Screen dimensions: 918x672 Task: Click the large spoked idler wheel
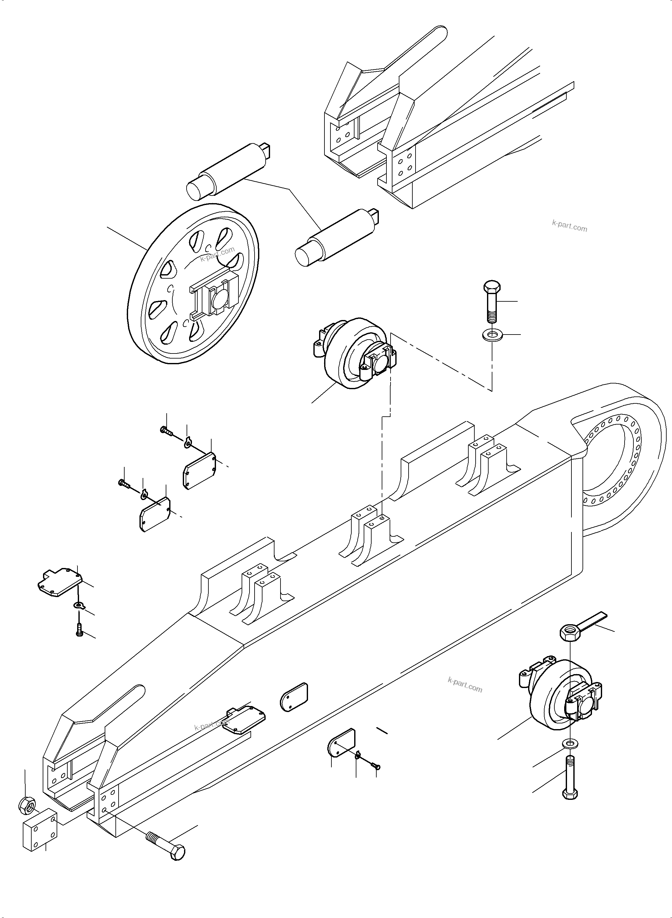(193, 284)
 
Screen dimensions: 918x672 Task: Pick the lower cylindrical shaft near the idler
(338, 236)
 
